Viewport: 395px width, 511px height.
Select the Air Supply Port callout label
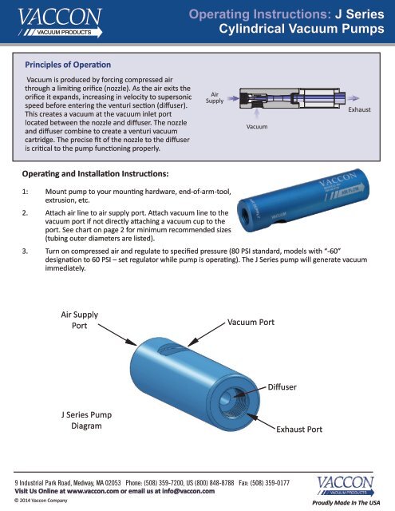(80, 320)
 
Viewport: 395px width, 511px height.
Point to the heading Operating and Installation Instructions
(94, 172)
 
